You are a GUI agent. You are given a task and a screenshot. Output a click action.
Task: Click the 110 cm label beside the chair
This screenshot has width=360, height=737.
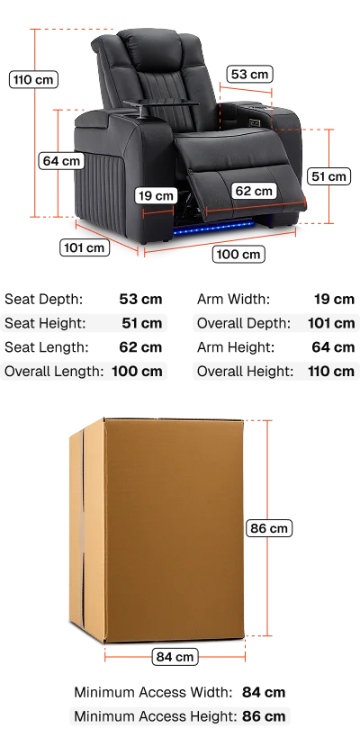point(34,79)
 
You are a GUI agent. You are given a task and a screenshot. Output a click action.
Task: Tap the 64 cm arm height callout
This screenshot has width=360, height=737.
point(61,161)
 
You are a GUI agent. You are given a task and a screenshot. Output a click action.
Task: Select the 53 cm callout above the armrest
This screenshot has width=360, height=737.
point(249,75)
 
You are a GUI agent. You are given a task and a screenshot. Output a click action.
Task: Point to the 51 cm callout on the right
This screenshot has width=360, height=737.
point(329,176)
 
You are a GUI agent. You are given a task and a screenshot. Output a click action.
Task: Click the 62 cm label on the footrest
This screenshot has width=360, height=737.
point(253,191)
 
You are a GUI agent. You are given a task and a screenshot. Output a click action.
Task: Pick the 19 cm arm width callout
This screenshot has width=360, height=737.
point(156,195)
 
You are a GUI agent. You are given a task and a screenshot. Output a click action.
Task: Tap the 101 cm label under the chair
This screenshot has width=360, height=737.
point(85,247)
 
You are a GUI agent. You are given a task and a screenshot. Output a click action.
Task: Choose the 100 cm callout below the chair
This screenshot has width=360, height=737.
point(238,255)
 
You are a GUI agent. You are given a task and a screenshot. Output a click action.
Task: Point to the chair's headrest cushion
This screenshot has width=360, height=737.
point(150,48)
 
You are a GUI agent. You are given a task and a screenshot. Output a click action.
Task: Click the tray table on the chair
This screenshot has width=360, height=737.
point(160,105)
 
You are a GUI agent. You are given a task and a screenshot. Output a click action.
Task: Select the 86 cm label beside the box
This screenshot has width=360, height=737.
point(269,528)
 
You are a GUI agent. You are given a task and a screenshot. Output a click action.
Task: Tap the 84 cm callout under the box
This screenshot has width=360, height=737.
point(175,657)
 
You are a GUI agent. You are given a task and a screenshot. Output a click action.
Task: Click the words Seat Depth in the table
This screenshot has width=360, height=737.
point(44,299)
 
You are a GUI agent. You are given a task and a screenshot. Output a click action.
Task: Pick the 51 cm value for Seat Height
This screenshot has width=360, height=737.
point(142,323)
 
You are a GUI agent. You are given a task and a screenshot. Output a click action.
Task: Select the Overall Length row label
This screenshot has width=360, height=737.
point(54,371)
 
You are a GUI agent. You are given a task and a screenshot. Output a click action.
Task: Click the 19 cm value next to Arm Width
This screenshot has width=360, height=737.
point(334,299)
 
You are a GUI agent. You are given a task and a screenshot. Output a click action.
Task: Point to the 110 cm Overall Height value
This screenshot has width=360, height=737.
point(332,371)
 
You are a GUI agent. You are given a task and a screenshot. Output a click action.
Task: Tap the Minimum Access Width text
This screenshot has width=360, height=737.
point(153,692)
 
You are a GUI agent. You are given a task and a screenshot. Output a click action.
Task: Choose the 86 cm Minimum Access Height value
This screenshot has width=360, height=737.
point(264,716)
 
